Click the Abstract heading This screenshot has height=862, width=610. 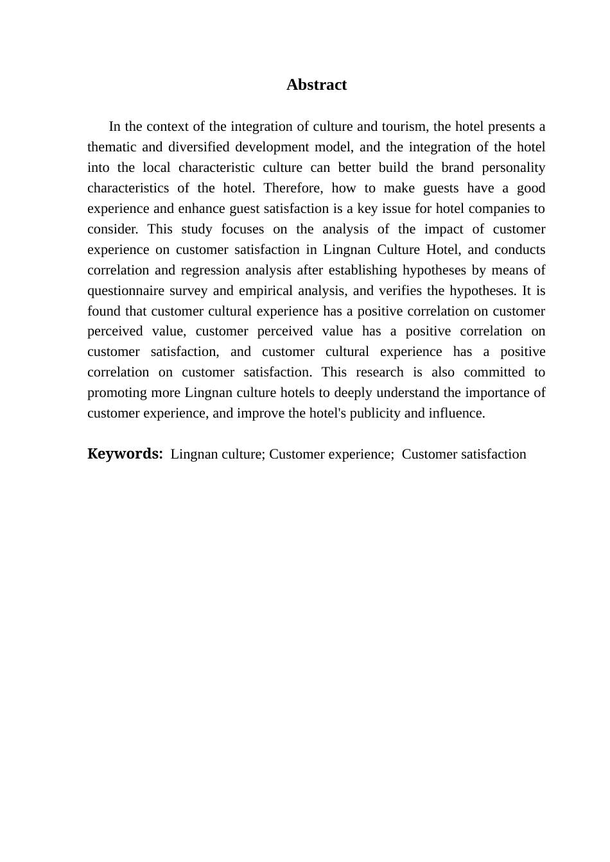point(316,85)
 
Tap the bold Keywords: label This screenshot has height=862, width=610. point(125,454)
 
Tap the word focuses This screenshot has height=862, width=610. point(242,229)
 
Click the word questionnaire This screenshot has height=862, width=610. point(125,291)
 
